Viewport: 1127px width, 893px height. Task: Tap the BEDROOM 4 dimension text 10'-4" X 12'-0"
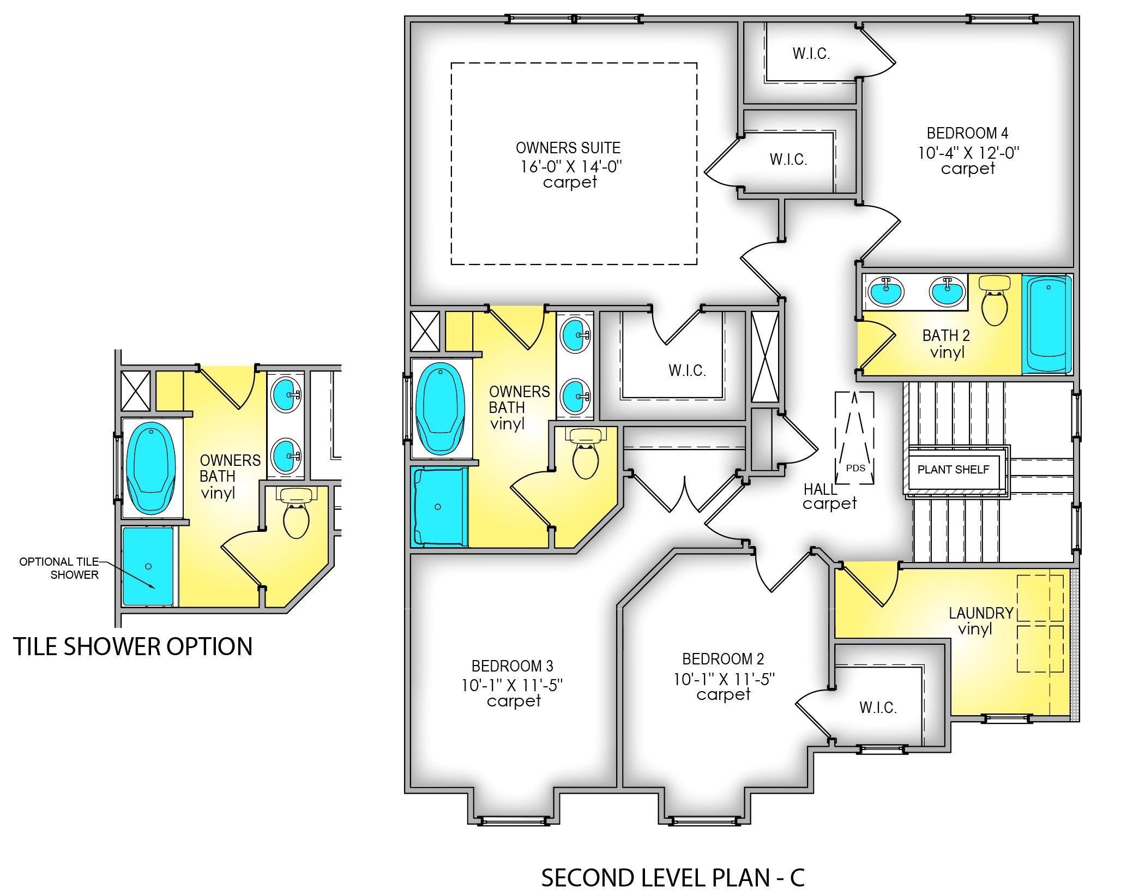(x=968, y=153)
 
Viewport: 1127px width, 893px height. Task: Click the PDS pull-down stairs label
(x=855, y=468)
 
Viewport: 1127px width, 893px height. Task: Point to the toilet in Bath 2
(x=994, y=303)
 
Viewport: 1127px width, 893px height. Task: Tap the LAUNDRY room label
(x=980, y=613)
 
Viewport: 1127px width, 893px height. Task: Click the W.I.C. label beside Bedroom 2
(x=877, y=708)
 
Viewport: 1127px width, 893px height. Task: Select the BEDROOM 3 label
(x=512, y=666)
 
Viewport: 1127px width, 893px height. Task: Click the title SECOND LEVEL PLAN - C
(x=672, y=878)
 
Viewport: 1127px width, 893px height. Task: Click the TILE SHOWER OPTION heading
(x=132, y=646)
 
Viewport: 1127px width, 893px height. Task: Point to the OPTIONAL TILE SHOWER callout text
(x=59, y=568)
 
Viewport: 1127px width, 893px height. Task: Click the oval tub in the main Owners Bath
(x=440, y=409)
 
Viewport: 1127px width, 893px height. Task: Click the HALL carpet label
(x=829, y=496)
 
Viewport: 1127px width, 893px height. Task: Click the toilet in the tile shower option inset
(x=296, y=515)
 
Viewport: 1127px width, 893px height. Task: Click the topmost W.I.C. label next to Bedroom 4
(x=811, y=53)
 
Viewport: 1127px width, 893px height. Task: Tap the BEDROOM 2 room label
(x=723, y=659)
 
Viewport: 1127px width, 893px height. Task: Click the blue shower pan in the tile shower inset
(x=148, y=566)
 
